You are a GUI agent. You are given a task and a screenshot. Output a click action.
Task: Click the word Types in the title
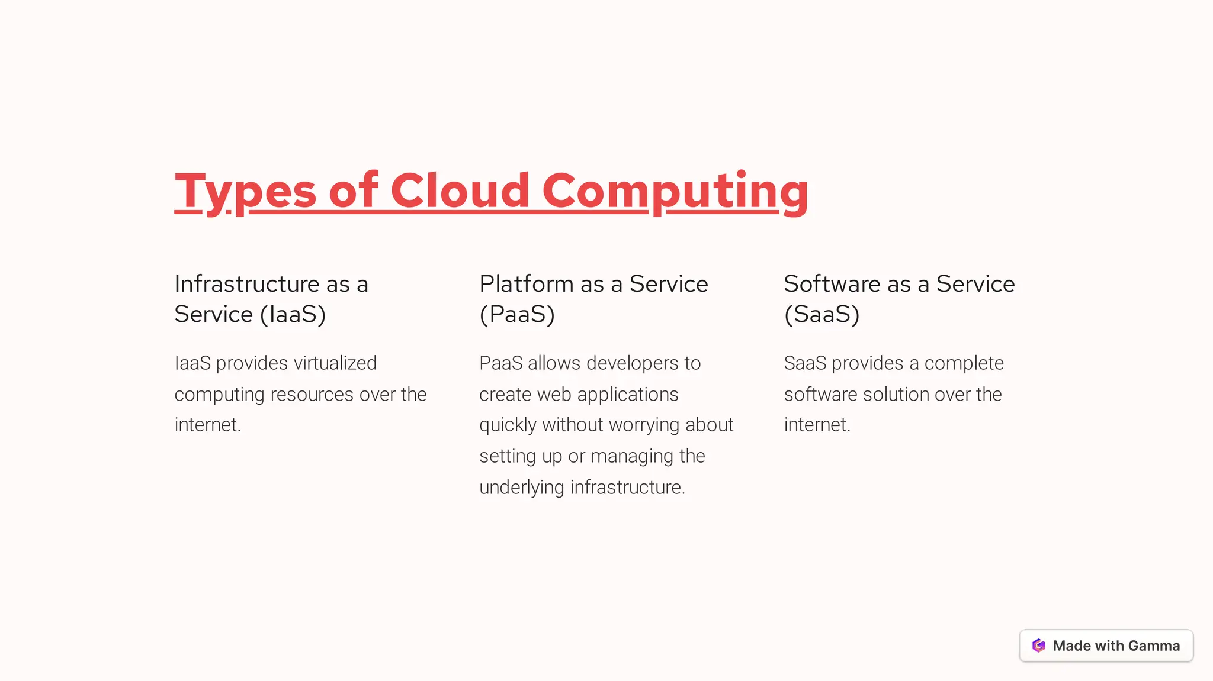pos(245,191)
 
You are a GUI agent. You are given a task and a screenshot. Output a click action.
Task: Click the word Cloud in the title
pos(460,191)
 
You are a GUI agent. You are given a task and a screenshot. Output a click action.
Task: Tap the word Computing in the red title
pos(675,191)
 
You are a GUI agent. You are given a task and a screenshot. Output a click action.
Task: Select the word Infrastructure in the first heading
pos(246,284)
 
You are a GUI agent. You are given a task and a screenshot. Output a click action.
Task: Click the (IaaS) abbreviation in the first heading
pos(293,314)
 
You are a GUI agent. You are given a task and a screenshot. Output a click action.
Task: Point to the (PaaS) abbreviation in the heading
pos(516,314)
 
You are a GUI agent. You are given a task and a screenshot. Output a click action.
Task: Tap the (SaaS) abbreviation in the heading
pos(821,314)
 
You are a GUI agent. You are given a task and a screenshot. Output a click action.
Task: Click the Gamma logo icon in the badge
pos(1038,646)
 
